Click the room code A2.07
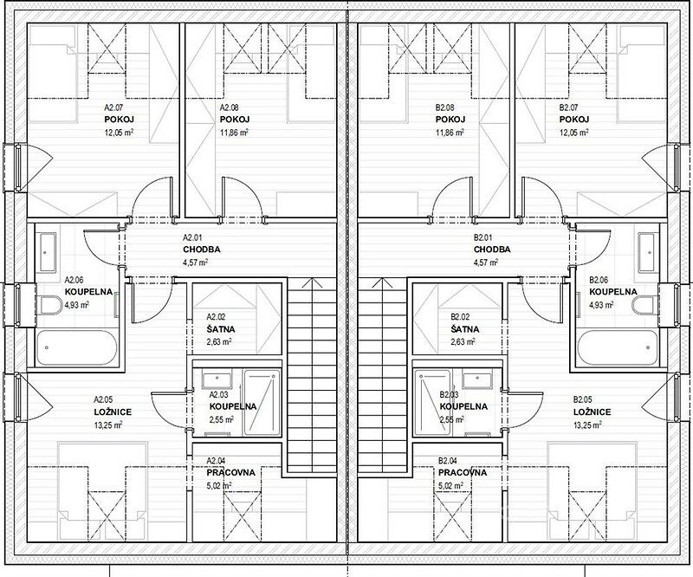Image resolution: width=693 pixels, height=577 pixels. point(113,107)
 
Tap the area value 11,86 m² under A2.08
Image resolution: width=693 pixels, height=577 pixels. point(234,133)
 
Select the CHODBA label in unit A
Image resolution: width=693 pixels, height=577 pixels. point(201,250)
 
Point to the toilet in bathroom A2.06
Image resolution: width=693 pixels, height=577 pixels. point(51,305)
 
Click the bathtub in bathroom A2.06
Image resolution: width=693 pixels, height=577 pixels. point(77,347)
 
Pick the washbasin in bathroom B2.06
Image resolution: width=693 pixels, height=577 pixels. point(646,252)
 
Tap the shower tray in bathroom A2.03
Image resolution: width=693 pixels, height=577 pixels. point(262,402)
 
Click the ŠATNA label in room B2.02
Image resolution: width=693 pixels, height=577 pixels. point(465,329)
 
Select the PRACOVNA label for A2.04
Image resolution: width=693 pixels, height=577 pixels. point(230,473)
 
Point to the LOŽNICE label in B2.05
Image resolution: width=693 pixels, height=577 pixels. point(592,412)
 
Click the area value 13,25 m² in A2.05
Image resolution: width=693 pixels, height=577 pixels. point(107,425)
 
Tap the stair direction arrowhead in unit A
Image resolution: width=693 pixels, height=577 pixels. point(313,282)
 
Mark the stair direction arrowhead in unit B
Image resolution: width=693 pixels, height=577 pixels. point(382,282)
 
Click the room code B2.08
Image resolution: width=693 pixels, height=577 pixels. point(444,107)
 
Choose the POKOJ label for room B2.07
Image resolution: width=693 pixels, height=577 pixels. point(574,120)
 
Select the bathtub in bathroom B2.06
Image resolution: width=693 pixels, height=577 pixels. point(618,347)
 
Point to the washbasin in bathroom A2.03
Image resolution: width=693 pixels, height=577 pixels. point(217,380)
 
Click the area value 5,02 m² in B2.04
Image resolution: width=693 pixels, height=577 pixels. point(450,485)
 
